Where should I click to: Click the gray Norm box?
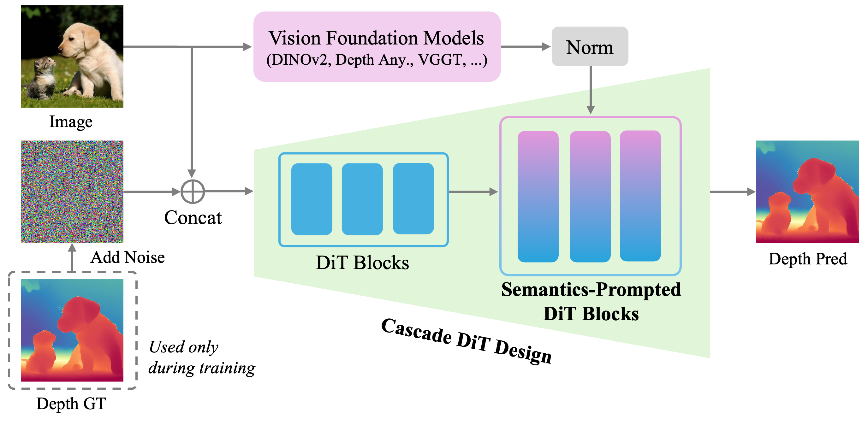[x=590, y=46]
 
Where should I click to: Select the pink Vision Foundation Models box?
[x=377, y=47]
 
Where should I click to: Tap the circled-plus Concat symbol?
[x=193, y=192]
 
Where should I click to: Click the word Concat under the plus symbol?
[x=193, y=218]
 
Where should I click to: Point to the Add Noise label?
[x=128, y=258]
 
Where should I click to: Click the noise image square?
[x=72, y=192]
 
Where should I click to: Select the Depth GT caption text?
[x=71, y=404]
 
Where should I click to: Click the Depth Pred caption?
[x=808, y=259]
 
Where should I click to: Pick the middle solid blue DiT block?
[x=362, y=199]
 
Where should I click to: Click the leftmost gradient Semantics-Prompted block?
[x=538, y=196]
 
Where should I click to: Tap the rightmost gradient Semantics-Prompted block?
[x=640, y=196]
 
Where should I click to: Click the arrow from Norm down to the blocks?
[x=590, y=90]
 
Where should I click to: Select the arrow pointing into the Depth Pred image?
[x=733, y=192]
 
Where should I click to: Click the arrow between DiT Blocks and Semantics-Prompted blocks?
[x=473, y=192]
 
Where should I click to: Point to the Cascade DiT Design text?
[x=466, y=341]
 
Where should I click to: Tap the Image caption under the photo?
[x=71, y=122]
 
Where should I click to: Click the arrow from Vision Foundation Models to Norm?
[x=526, y=46]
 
